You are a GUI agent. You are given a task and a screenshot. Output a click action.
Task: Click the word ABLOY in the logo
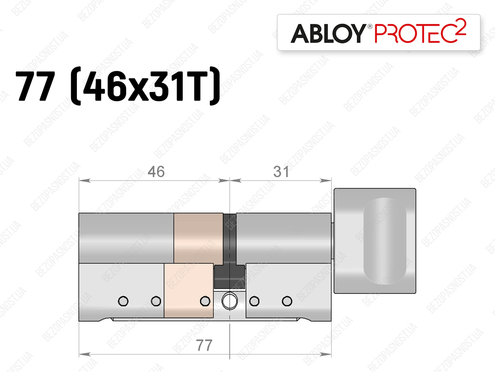(328, 33)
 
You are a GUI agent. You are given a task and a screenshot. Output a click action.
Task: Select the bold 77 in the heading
(35, 86)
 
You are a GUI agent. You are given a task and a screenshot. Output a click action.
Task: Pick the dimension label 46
(156, 172)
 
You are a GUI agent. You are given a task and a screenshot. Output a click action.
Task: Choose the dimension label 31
(281, 172)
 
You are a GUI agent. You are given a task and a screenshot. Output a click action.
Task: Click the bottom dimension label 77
(204, 345)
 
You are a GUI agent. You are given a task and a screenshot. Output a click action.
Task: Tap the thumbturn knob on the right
(375, 241)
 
